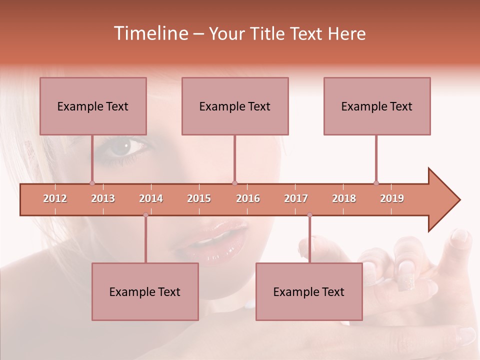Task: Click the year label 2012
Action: [55, 198]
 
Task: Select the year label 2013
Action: [103, 198]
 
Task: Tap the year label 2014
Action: [151, 198]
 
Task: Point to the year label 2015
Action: [199, 198]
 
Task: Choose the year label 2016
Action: [248, 198]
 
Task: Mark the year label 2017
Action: [296, 198]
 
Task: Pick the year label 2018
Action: [344, 198]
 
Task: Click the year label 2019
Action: [392, 198]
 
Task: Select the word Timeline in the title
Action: [150, 33]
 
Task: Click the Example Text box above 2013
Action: [93, 106]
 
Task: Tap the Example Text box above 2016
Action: [235, 106]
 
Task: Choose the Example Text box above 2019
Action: [377, 106]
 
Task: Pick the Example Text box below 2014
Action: [145, 291]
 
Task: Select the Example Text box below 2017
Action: [309, 291]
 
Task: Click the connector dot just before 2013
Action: [92, 183]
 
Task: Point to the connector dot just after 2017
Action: [309, 215]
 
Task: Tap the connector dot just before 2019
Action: [376, 183]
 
